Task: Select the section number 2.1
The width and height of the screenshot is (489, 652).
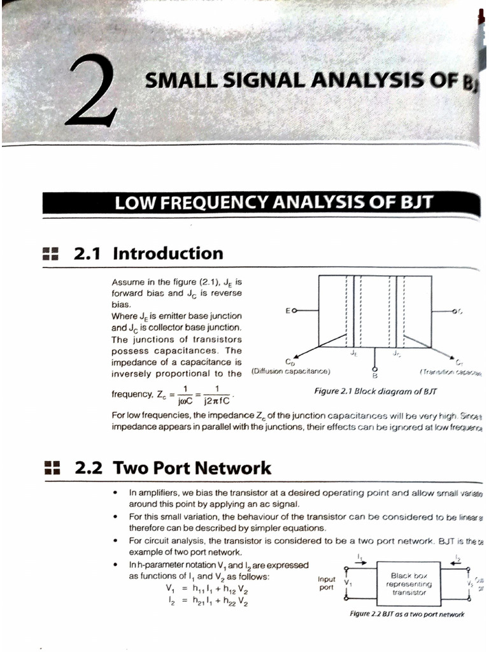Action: [89, 253]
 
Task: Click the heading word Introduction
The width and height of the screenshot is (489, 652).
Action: [168, 253]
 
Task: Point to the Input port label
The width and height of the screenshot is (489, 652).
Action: [326, 583]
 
